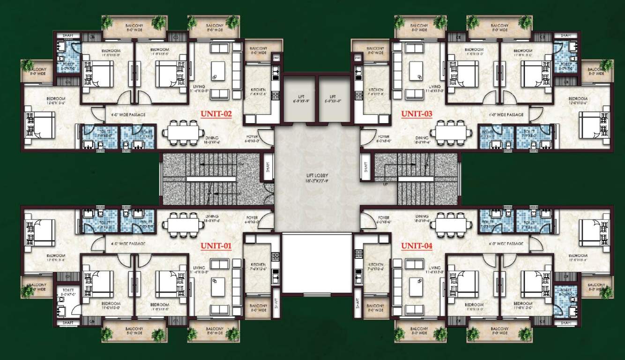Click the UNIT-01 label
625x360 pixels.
point(216,245)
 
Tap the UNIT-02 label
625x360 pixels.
point(216,113)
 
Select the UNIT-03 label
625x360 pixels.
point(416,113)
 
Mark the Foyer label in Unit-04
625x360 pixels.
point(384,217)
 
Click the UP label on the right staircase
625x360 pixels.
point(386,184)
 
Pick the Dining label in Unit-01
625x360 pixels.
point(212,217)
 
